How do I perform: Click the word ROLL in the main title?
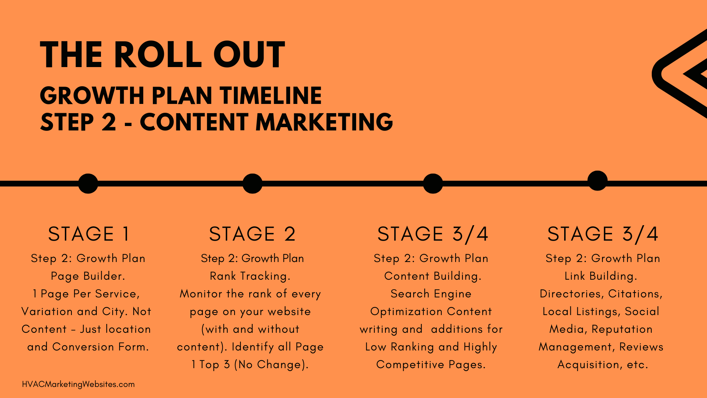[158, 55]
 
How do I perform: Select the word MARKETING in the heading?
[324, 122]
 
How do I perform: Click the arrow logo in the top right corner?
[680, 74]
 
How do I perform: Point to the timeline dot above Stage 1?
[88, 184]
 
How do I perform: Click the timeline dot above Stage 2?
[252, 184]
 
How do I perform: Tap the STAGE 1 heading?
[89, 234]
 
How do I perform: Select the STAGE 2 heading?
[252, 234]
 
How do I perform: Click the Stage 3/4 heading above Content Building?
[433, 234]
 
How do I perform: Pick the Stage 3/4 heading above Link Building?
[603, 234]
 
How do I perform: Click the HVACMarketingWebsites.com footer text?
[78, 384]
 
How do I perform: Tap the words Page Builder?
[88, 276]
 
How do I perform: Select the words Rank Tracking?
[250, 276]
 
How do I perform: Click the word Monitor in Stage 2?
[201, 294]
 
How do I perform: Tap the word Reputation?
[622, 329]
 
